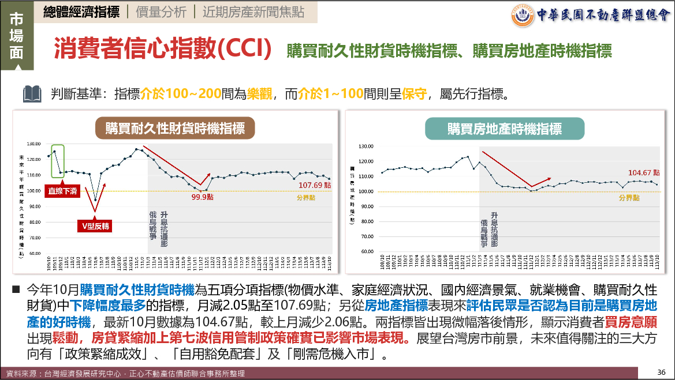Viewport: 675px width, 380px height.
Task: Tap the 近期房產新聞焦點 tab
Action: pos(253,12)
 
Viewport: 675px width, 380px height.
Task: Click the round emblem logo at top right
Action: pos(523,15)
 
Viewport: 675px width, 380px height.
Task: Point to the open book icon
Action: pos(32,93)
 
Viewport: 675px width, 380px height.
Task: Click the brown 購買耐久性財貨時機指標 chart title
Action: pos(174,127)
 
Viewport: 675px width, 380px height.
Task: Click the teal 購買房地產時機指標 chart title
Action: pos(504,128)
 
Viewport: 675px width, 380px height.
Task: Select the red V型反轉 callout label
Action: pos(95,227)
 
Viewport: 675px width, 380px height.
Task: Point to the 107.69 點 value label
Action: pos(315,185)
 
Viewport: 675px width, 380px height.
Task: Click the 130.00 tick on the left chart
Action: pos(34,144)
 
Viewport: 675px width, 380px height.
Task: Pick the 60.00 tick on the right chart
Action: pos(367,251)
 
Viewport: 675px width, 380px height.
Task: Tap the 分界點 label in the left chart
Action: pos(305,197)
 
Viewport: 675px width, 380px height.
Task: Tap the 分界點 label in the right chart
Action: pos(629,197)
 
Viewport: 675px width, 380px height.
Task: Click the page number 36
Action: pos(662,371)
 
